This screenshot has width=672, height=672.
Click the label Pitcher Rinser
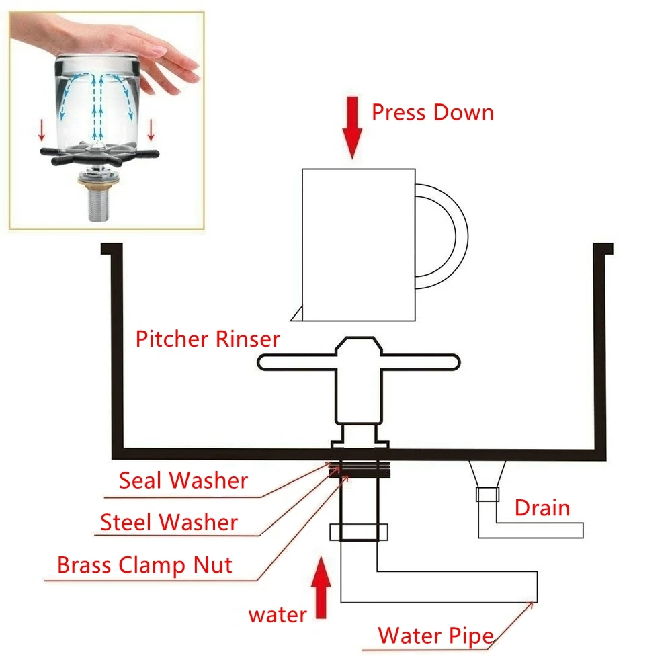pyautogui.click(x=207, y=339)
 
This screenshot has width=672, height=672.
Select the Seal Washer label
pyautogui.click(x=183, y=480)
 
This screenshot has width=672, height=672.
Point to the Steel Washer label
pyautogui.click(x=169, y=522)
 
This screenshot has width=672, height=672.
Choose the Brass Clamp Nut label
pyautogui.click(x=144, y=564)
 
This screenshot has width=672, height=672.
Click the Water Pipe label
pyautogui.click(x=435, y=635)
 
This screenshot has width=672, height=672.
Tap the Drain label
pyautogui.click(x=542, y=507)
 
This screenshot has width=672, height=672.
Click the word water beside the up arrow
pyautogui.click(x=278, y=614)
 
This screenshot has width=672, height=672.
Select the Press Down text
pyautogui.click(x=433, y=112)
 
